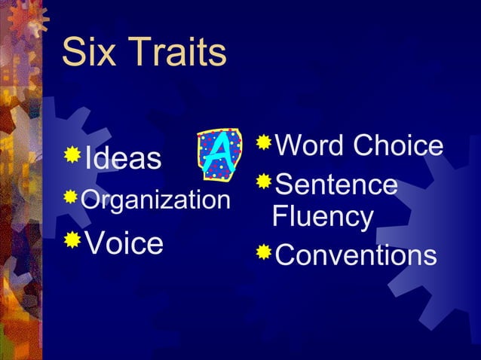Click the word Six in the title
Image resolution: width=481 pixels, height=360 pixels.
89,53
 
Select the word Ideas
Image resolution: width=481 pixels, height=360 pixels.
123,159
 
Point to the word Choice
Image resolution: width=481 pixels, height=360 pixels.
400,145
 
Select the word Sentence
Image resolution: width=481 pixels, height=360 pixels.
336,184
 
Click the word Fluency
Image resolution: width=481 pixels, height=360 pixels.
323,218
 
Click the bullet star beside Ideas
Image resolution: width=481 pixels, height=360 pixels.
72,155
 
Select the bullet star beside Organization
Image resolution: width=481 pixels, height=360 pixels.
71,197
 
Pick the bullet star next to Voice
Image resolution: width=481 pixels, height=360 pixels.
72,239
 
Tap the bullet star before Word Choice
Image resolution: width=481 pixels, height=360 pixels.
263,142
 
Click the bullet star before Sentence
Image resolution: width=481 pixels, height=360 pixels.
263,181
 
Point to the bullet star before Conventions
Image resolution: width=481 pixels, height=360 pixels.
263,252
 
